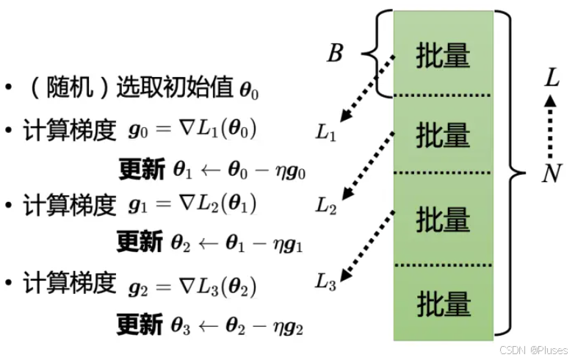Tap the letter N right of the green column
pos(552,173)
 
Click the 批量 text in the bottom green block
pos(443,302)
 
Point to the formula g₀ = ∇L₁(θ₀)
pos(192,131)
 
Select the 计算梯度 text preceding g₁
pos(70,205)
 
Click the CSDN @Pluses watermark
pos(535,350)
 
